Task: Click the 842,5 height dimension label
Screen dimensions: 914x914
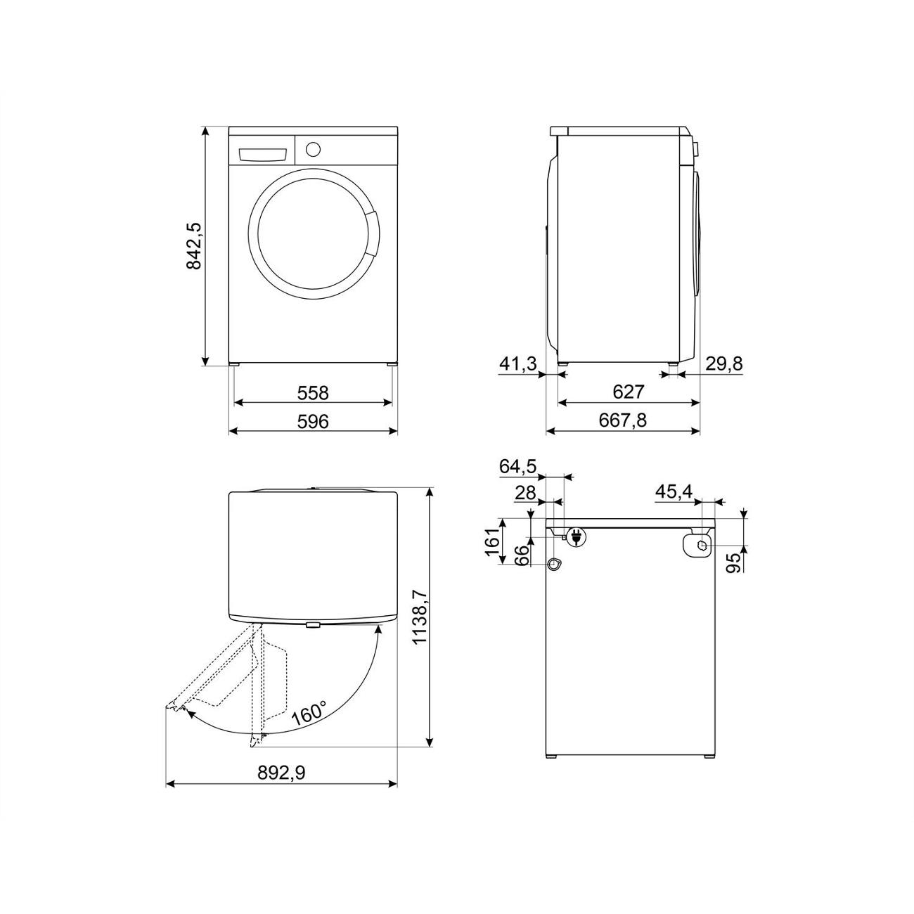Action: pos(195,246)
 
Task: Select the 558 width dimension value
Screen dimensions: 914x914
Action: pos(313,393)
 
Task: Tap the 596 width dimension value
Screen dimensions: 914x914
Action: pos(313,421)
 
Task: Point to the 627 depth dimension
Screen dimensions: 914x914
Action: pos(629,392)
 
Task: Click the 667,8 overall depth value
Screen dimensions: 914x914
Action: pos(623,420)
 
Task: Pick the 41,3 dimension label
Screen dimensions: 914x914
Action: pos(518,363)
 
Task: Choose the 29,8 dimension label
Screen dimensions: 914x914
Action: pos(724,363)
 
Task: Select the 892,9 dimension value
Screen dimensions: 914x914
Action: pos(282,773)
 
